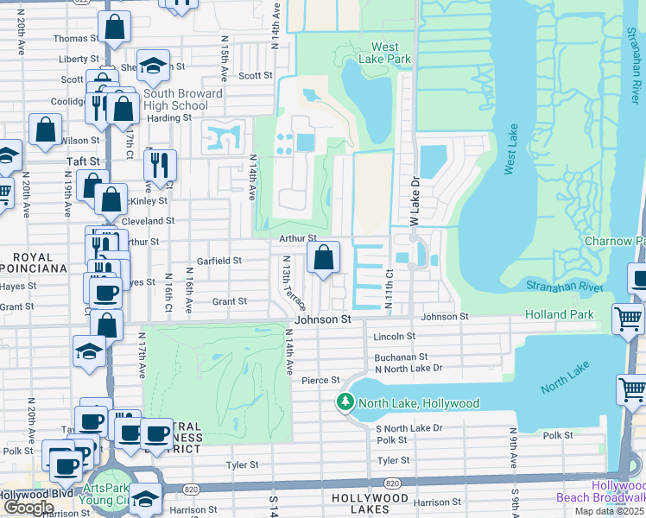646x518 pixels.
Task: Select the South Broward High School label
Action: point(182,99)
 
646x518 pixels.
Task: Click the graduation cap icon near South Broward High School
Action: point(153,66)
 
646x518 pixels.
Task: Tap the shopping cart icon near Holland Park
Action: point(627,319)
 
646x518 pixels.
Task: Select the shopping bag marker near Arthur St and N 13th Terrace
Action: point(323,257)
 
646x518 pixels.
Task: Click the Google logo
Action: point(28,508)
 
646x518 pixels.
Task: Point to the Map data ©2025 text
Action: point(612,512)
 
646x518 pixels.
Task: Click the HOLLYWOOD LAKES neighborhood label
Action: point(370,499)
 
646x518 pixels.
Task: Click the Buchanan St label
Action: point(401,357)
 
